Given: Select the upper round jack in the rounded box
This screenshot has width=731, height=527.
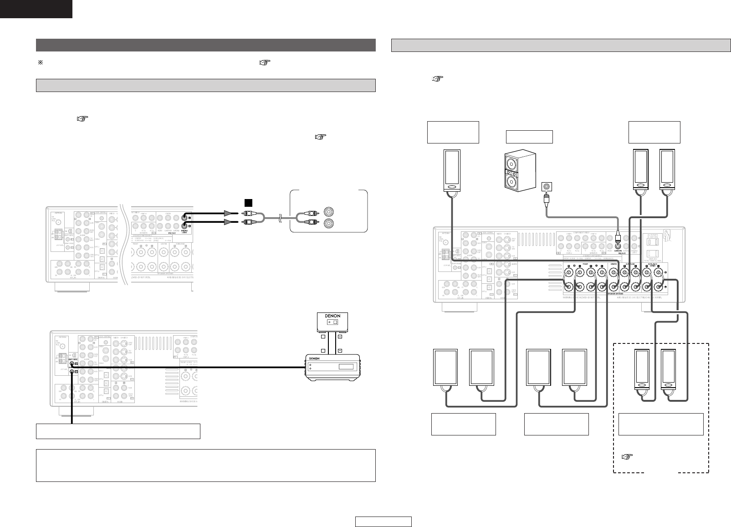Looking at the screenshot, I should point(329,211).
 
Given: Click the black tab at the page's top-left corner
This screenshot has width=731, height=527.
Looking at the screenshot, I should point(36,9).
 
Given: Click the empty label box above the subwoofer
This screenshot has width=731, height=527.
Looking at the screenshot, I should point(529,137).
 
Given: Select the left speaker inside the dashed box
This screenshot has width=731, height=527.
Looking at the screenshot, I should point(642,368).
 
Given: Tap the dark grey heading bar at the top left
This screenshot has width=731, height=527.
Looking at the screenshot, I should point(205,45).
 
